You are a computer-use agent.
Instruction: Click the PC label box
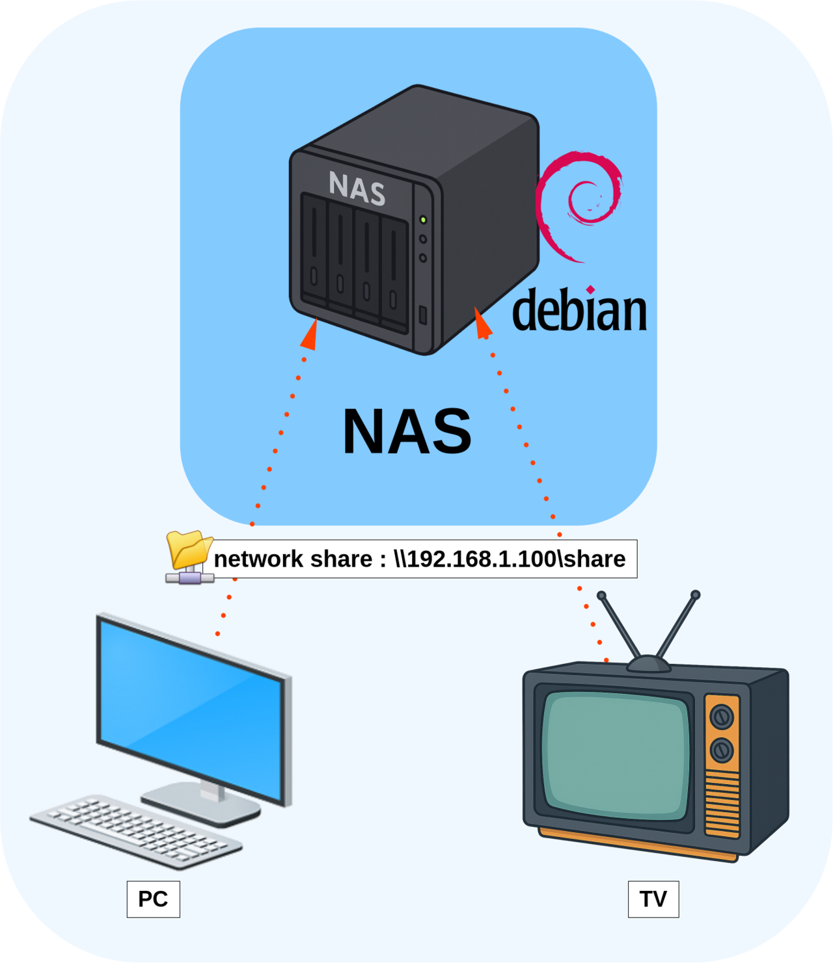click(153, 899)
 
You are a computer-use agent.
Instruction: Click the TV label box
click(653, 899)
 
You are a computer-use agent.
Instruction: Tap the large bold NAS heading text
click(407, 431)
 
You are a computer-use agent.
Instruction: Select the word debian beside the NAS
click(579, 310)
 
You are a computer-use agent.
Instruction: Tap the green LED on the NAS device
click(423, 220)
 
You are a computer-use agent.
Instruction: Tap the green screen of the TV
click(615, 754)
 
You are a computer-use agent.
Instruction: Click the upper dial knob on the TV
click(721, 717)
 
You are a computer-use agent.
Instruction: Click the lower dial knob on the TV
click(721, 750)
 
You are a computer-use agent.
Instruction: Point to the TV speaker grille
click(722, 803)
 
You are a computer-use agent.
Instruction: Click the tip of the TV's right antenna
click(695, 595)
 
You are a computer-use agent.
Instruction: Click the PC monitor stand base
click(202, 804)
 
